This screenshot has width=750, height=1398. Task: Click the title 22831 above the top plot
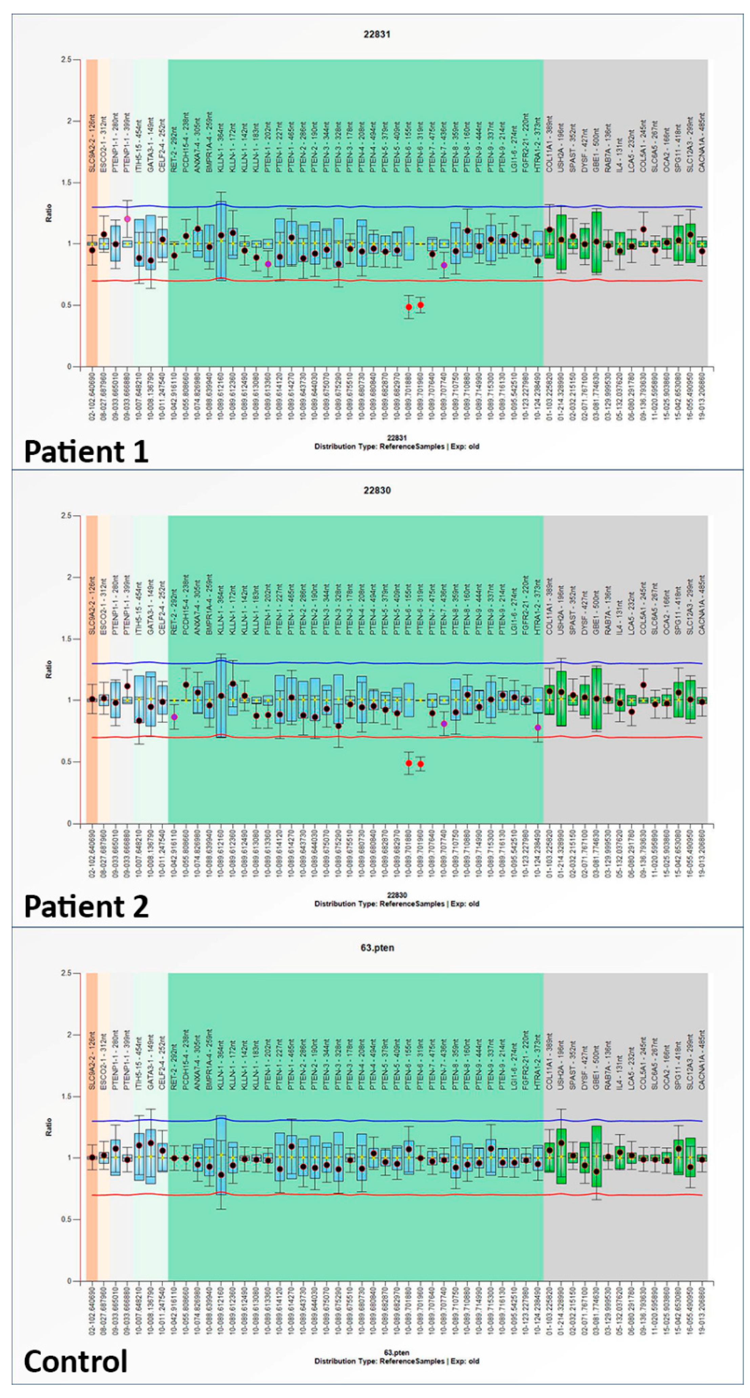click(x=377, y=34)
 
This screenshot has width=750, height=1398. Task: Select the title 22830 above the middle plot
click(x=377, y=490)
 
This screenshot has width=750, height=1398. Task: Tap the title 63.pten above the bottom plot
click(x=377, y=948)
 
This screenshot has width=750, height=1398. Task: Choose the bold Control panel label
click(x=76, y=1361)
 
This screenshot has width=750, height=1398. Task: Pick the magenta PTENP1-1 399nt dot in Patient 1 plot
click(x=127, y=219)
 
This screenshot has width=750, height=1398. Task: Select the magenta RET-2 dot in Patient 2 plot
click(x=174, y=717)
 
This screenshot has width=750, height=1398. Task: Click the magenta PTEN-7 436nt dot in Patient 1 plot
click(x=444, y=265)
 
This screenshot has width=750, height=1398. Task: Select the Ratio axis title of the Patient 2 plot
click(x=49, y=669)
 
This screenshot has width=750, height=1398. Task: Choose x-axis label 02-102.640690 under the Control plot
click(x=92, y=1316)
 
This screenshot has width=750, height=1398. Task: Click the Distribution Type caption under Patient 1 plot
click(x=397, y=447)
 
